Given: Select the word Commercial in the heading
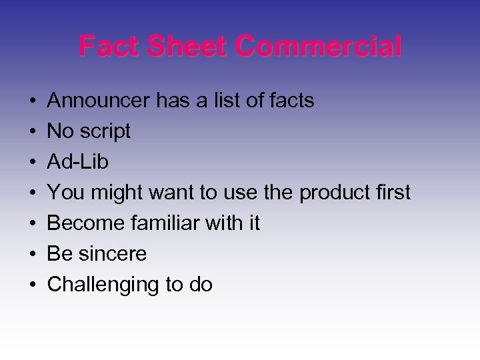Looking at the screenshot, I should (x=319, y=47).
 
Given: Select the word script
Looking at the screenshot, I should (x=106, y=132).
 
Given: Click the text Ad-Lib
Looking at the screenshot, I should (x=79, y=162).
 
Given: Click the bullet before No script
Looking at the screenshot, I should (x=32, y=132).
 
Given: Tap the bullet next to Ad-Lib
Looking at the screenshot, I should (x=32, y=162).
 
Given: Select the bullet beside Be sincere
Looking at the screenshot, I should (x=32, y=254).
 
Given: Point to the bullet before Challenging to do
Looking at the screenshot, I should (x=32, y=285).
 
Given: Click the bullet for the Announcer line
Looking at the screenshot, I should (x=32, y=101).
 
